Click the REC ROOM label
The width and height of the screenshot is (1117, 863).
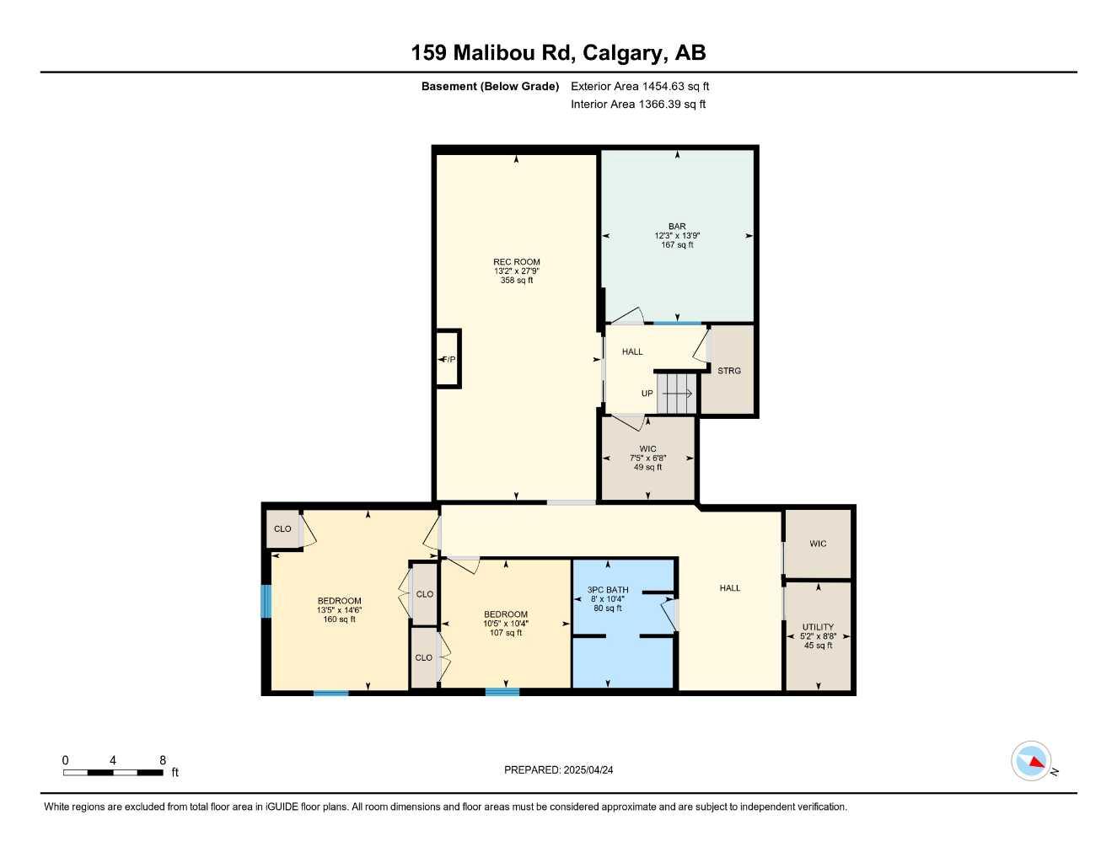point(516,262)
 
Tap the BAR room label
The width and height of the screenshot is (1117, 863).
point(677,227)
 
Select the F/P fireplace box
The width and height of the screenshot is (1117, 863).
point(448,359)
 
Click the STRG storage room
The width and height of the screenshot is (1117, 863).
point(729,371)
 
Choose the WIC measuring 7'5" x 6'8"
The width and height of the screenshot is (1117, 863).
point(647,458)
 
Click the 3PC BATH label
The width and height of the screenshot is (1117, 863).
point(608,590)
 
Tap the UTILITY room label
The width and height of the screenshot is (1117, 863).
point(818,627)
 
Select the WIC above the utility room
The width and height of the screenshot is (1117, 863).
point(818,544)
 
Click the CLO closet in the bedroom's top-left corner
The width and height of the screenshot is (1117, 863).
point(282,529)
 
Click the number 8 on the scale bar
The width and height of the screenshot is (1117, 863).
point(163,760)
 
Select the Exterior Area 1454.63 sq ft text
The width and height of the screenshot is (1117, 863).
point(640,86)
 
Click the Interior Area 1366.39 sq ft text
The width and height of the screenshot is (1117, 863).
point(638,105)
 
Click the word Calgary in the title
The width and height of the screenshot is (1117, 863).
point(622,53)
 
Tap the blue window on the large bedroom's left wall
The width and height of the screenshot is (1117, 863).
point(266,602)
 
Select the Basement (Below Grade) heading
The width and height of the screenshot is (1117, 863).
point(490,86)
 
